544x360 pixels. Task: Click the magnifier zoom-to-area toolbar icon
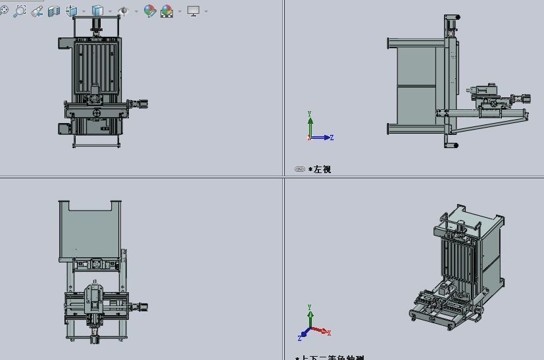[20, 11]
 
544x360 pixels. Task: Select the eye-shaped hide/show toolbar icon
[124, 11]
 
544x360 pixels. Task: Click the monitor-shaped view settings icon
[193, 11]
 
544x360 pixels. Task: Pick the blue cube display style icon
[98, 11]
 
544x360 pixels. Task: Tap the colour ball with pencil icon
[150, 11]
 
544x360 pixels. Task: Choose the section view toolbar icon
[55, 11]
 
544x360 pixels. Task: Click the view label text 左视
[322, 170]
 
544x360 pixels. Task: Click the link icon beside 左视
[300, 170]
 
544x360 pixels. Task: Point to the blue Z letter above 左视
[332, 138]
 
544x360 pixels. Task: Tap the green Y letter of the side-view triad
[310, 114]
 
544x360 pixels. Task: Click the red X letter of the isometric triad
[329, 333]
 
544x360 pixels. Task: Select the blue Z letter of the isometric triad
[300, 338]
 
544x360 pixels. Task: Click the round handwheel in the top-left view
[97, 113]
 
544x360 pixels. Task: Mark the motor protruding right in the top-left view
[140, 103]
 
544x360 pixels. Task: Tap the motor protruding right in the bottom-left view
[139, 306]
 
